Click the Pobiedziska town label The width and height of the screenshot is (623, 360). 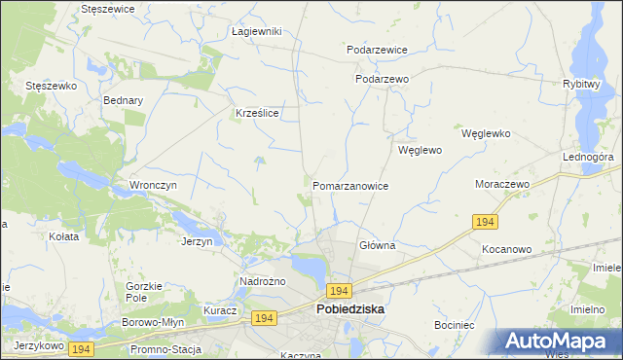click(350, 308)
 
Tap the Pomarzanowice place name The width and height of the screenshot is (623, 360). click(350, 186)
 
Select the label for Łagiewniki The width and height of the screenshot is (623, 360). click(256, 31)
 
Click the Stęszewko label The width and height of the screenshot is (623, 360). click(51, 86)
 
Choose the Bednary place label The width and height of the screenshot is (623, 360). click(123, 100)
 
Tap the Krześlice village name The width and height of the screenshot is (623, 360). click(258, 113)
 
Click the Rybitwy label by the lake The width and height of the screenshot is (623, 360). click(580, 85)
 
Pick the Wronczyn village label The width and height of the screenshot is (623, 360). click(152, 185)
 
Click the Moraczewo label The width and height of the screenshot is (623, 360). click(500, 184)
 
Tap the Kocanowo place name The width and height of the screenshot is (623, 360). click(506, 249)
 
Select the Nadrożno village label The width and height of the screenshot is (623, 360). click(261, 282)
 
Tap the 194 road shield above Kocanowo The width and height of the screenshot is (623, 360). click(488, 223)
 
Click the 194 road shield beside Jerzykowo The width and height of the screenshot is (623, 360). click(81, 348)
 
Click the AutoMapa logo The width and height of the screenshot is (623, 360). click(561, 342)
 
